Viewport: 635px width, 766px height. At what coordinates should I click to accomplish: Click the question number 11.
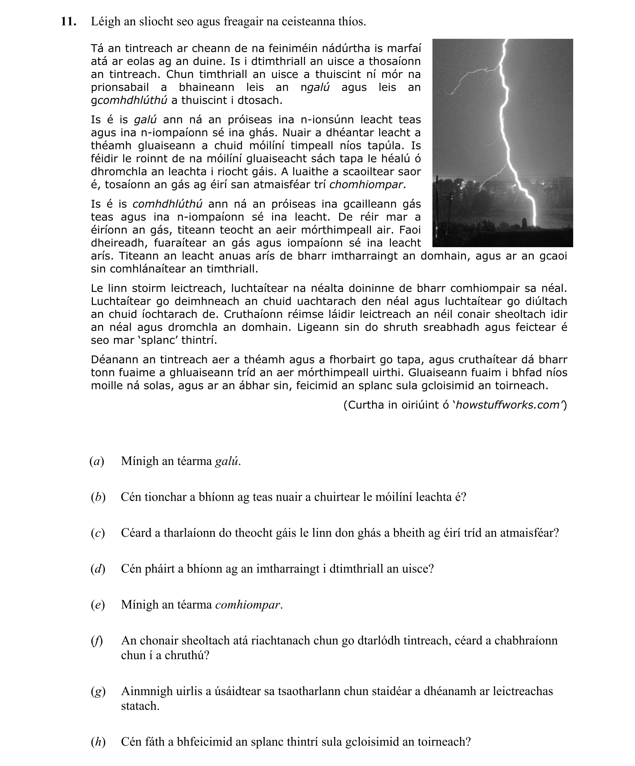[68, 22]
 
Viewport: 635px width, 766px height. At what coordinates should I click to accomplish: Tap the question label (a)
[97, 461]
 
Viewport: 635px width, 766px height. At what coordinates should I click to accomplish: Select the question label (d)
[98, 569]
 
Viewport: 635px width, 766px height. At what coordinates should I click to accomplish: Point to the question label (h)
[98, 742]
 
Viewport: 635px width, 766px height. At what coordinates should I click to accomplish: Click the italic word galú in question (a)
[227, 461]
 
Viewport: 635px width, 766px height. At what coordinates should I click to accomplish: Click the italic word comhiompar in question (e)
[248, 605]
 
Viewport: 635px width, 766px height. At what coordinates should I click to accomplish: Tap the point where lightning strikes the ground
[534, 225]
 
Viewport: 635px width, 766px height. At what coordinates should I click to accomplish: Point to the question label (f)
[97, 640]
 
